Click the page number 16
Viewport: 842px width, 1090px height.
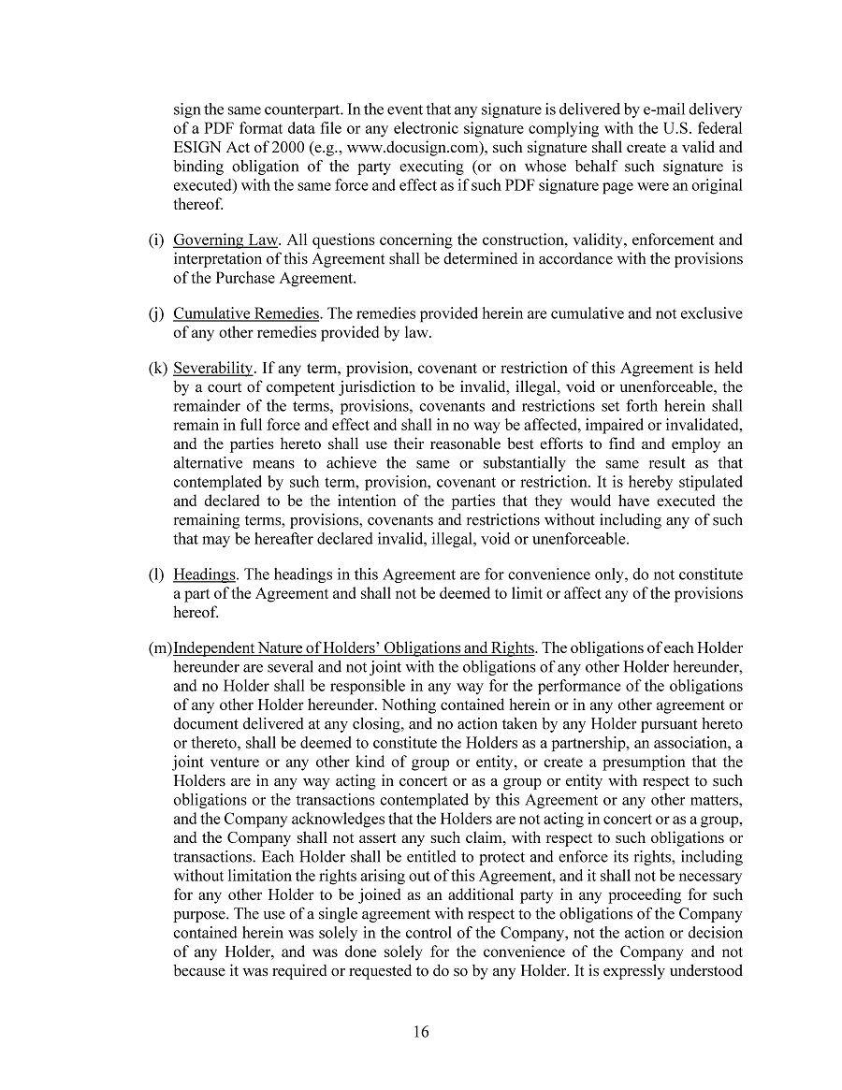click(420, 1032)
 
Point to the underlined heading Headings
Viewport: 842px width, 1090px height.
click(205, 574)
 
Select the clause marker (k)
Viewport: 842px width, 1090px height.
click(156, 369)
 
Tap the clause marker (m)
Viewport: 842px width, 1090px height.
click(159, 648)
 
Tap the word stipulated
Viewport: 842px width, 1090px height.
click(707, 482)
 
